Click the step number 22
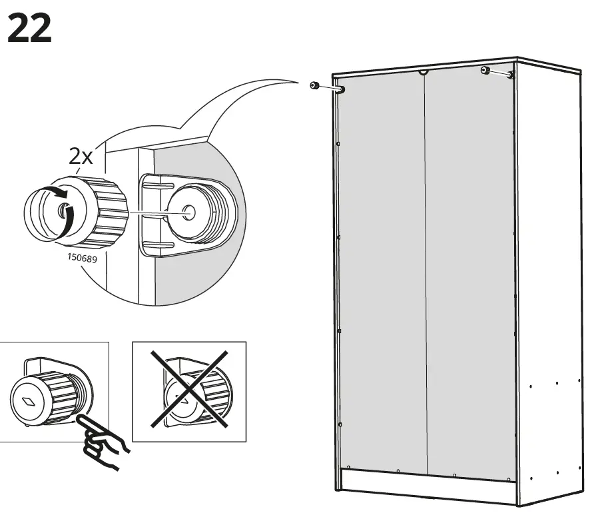pos(29,29)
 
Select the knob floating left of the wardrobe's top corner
pos(313,85)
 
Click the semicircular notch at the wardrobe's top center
pos(423,72)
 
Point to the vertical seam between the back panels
pos(426,266)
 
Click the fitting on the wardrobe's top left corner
pos(340,89)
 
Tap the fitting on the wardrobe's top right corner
pos(511,75)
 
